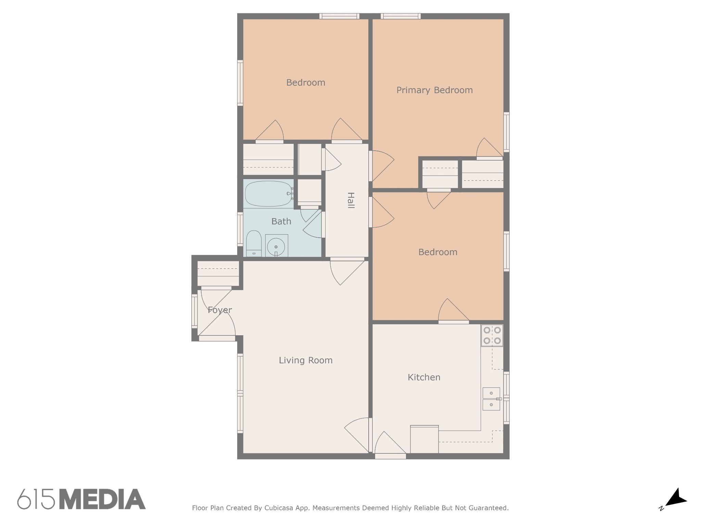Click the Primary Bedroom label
(x=434, y=90)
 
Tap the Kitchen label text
(x=424, y=377)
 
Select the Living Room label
(x=306, y=360)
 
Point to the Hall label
(x=350, y=200)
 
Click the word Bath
(x=281, y=221)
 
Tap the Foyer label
(x=220, y=310)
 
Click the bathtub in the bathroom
(x=269, y=194)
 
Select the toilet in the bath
(x=254, y=243)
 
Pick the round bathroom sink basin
(x=276, y=246)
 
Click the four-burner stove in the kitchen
(x=492, y=335)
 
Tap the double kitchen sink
(x=492, y=399)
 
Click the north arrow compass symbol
(x=674, y=499)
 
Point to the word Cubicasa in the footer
(x=279, y=508)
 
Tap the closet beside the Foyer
(x=218, y=273)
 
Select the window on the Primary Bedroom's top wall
(x=400, y=16)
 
